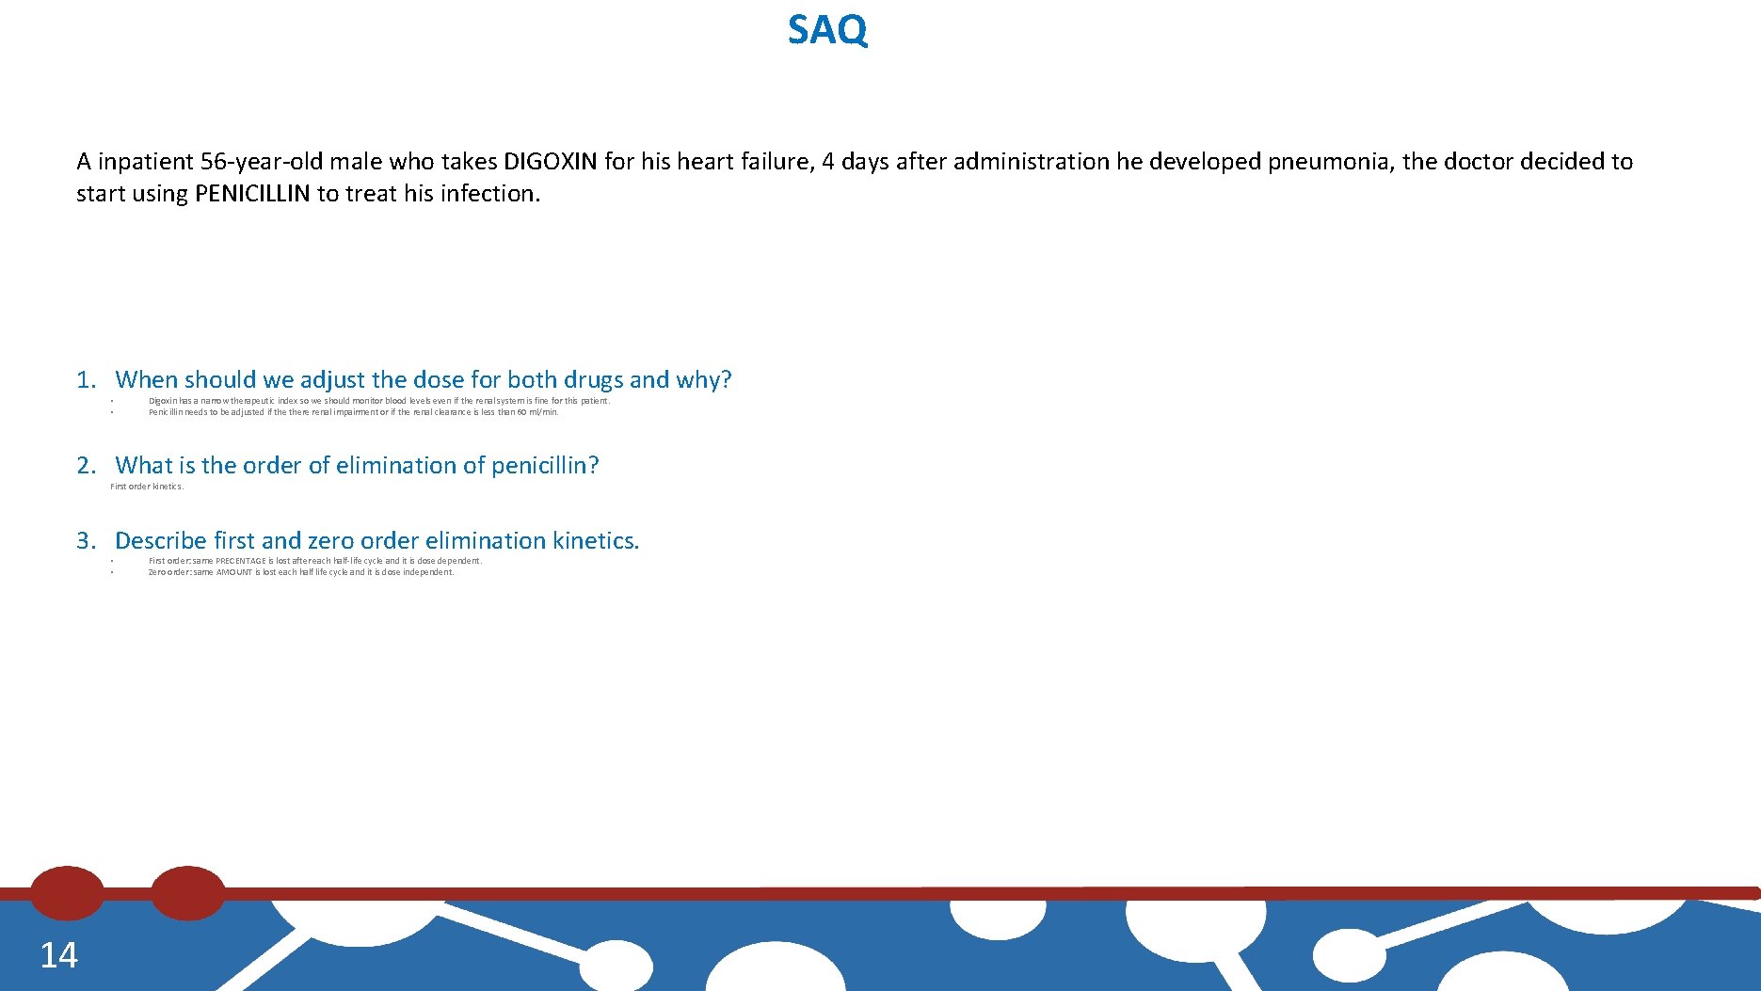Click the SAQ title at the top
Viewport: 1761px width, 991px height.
click(x=827, y=30)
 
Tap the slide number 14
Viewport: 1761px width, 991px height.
click(x=58, y=955)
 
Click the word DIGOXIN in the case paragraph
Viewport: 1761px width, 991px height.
click(x=551, y=162)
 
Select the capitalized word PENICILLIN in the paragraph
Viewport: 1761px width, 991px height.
click(x=252, y=194)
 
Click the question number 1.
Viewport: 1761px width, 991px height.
click(x=86, y=380)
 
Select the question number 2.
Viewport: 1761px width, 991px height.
click(x=86, y=466)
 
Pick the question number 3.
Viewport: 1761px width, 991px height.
click(x=86, y=541)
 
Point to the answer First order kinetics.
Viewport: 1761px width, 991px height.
click(x=147, y=487)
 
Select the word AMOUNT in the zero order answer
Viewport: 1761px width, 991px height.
click(x=234, y=572)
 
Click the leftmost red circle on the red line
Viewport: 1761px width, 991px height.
click(x=67, y=893)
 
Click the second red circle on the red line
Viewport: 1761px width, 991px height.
click(x=188, y=893)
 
